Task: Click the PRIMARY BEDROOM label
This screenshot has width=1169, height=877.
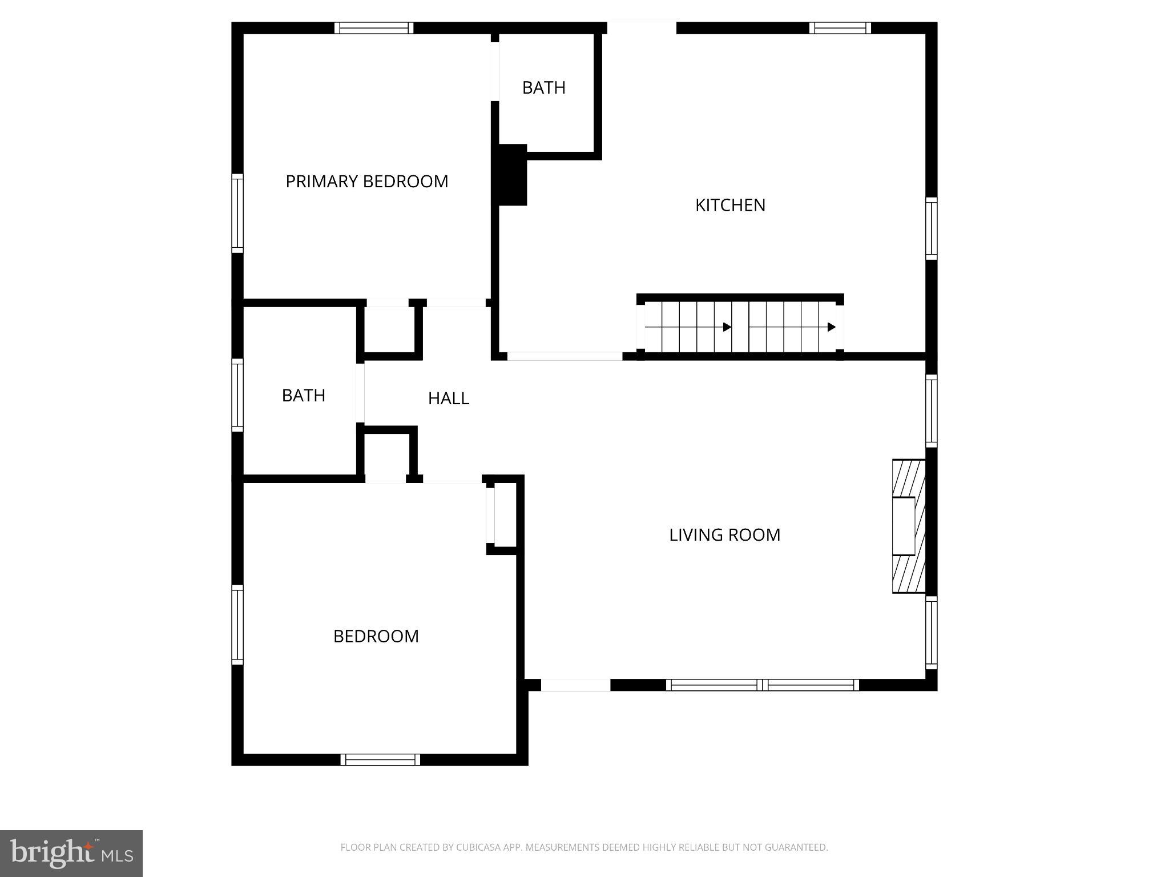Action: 366,182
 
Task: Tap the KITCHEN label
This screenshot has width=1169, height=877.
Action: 730,205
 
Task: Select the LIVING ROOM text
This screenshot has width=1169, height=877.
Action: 724,535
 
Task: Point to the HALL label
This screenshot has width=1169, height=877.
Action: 449,399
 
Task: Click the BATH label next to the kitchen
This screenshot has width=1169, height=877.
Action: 543,88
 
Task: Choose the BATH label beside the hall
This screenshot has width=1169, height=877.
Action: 303,396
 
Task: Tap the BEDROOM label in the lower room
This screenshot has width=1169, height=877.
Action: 376,636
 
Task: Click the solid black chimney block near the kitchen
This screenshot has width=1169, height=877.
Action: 512,175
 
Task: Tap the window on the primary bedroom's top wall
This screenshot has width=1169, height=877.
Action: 374,28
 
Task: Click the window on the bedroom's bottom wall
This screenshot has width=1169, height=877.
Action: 380,759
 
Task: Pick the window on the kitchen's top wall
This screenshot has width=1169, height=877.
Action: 840,28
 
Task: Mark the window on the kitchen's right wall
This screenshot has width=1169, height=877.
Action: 931,228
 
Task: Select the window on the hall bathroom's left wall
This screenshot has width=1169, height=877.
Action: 237,395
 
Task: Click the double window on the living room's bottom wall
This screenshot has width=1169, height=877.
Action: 762,685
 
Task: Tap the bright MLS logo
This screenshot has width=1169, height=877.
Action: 71,853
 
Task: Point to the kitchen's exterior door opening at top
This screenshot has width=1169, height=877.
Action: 642,28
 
